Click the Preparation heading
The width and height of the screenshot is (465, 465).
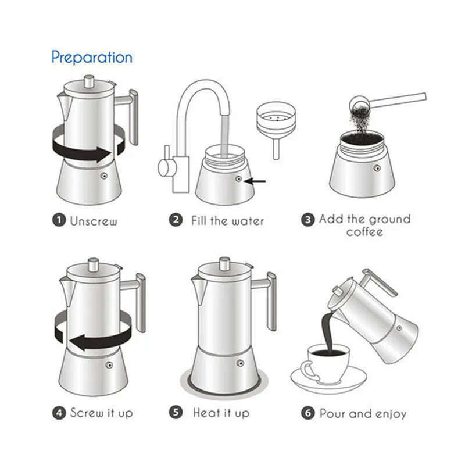(92, 57)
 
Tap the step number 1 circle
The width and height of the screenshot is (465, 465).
(59, 220)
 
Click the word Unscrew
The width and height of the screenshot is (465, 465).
(94, 221)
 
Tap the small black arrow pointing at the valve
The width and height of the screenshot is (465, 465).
(256, 181)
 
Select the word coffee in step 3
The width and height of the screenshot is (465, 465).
(364, 232)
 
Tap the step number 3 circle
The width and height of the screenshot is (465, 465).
(307, 220)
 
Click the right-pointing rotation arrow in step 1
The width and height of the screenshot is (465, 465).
(87, 153)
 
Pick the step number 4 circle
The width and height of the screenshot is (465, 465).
(59, 413)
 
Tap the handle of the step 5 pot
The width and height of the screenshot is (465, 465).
(270, 299)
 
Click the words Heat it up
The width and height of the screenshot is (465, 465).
(221, 413)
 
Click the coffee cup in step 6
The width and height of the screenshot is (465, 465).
(326, 363)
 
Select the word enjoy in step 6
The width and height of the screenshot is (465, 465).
(389, 414)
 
